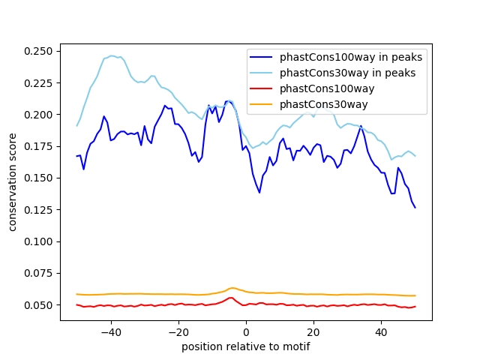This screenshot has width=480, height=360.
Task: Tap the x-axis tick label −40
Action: point(110,332)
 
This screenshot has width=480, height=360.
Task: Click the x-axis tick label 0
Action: point(246,332)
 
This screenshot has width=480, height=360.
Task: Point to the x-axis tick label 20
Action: point(313,332)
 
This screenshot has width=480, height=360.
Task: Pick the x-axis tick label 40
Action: point(381,332)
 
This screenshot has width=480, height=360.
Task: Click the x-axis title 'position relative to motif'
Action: point(245,346)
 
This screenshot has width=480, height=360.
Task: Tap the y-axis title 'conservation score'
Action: point(13,182)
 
